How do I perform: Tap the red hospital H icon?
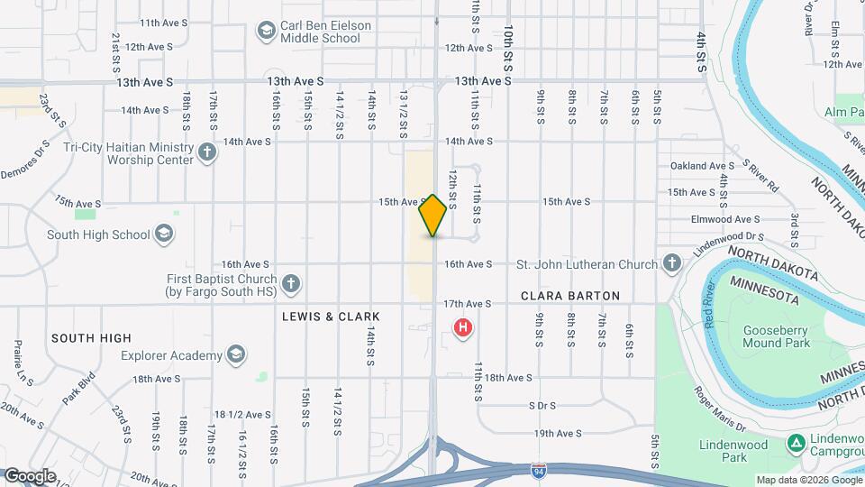[x=463, y=327]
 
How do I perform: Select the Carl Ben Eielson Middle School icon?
[x=266, y=32]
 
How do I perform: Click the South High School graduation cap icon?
[x=163, y=234]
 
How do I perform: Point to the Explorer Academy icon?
[x=236, y=353]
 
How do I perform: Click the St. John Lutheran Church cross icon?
[x=671, y=264]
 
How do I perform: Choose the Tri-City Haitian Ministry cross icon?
[x=206, y=152]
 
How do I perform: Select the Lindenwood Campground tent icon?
[x=796, y=442]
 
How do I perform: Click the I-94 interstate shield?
[x=539, y=470]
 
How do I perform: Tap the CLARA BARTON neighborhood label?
[x=570, y=296]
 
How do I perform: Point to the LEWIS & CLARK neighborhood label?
[x=331, y=317]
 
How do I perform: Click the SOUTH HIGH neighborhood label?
[x=91, y=338]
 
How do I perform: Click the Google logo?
[x=30, y=475]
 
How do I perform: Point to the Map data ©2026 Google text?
[x=807, y=480]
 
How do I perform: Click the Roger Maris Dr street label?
[x=718, y=409]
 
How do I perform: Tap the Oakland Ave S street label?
[x=703, y=166]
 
